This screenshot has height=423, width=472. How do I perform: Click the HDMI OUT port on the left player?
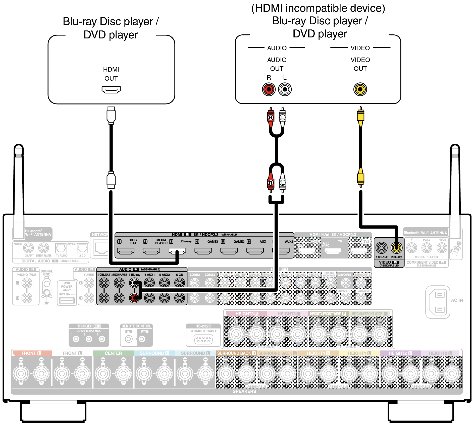point(111,89)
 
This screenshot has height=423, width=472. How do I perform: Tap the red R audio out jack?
point(269,89)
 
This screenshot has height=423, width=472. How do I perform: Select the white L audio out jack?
point(285,89)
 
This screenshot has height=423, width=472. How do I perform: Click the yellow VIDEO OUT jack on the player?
point(360,89)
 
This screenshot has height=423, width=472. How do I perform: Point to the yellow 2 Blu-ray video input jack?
point(396,248)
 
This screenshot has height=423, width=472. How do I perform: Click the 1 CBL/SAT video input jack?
point(382,248)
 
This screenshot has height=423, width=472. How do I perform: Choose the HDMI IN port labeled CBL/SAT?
point(126,251)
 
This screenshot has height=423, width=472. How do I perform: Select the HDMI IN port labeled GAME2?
point(255,251)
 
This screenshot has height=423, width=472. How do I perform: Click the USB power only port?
point(67,300)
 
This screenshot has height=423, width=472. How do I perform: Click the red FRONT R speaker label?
point(31,353)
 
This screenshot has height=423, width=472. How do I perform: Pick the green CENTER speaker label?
point(113,353)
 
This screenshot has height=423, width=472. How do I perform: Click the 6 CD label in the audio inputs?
point(179,275)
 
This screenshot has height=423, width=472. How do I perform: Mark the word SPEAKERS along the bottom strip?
point(244,391)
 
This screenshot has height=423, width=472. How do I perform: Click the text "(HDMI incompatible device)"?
point(318,8)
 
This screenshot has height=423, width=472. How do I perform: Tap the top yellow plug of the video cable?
point(360,116)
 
